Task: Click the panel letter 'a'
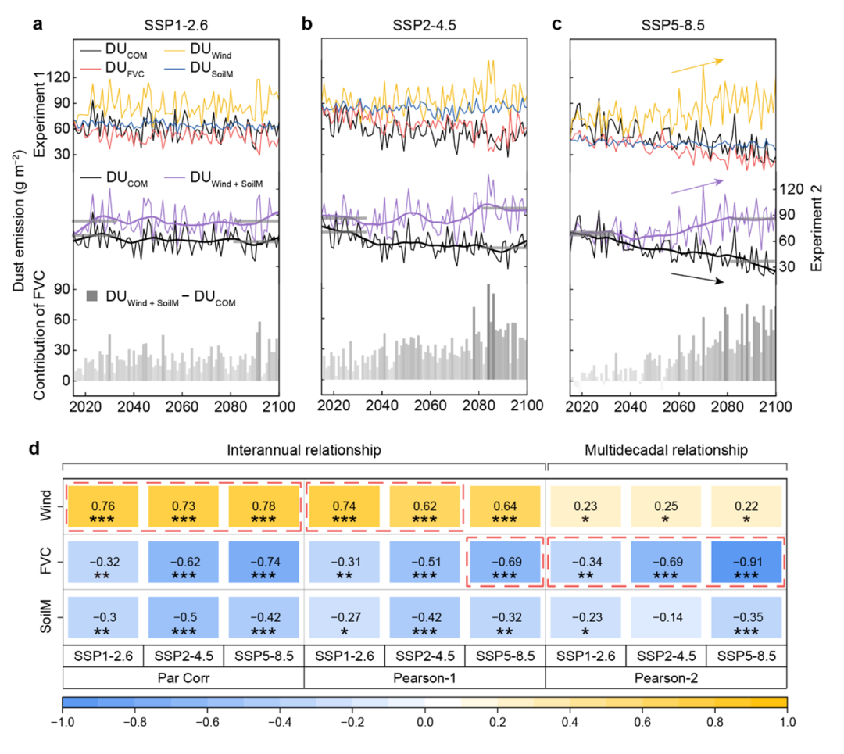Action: coord(38,24)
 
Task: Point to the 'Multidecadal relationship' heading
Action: coord(666,450)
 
